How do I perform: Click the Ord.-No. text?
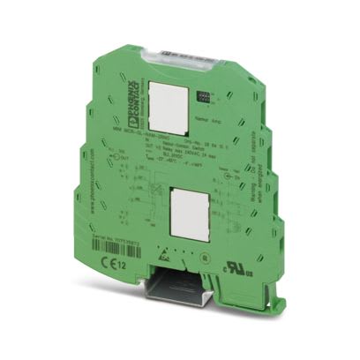point(211,139)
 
